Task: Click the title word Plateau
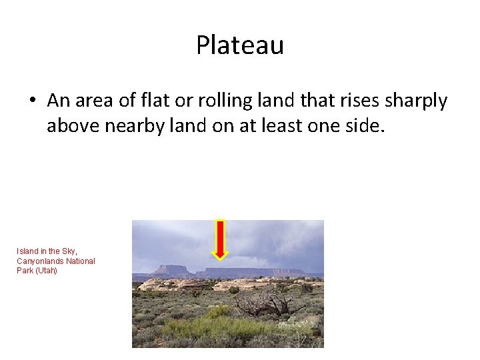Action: point(240,45)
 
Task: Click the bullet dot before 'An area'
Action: point(31,101)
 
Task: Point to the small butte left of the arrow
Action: point(173,270)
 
